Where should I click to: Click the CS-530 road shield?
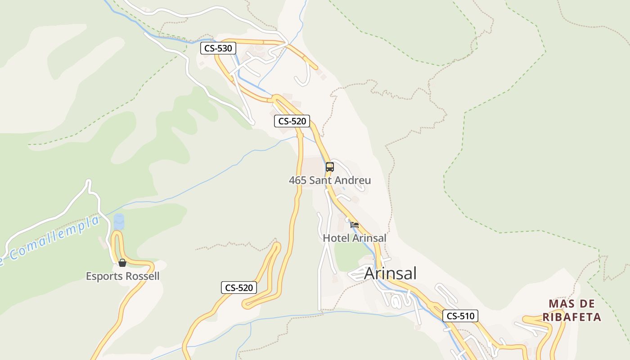(x=218, y=48)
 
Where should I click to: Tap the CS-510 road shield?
(x=460, y=316)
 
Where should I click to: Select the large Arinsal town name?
(x=390, y=273)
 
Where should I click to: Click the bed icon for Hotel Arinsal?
(x=355, y=225)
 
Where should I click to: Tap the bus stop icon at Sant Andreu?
(x=330, y=167)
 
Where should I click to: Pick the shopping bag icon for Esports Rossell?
(x=122, y=263)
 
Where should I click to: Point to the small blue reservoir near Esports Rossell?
(x=119, y=221)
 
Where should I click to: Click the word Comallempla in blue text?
(x=54, y=238)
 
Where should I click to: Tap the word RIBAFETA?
(x=572, y=317)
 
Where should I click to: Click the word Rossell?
(x=142, y=276)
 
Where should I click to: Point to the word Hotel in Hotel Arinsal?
(x=336, y=238)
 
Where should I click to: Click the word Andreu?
(x=353, y=180)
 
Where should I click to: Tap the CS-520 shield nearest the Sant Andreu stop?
(x=292, y=121)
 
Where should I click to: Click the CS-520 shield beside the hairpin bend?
(x=239, y=288)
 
